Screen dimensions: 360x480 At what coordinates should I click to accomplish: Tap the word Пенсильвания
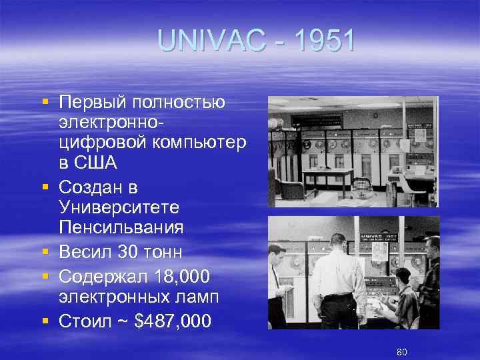(121, 228)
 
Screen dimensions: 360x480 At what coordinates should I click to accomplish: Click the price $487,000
(173, 321)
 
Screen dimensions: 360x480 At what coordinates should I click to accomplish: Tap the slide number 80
(401, 351)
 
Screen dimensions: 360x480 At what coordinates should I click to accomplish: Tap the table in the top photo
(327, 175)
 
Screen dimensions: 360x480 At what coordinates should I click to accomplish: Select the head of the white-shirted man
(338, 241)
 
